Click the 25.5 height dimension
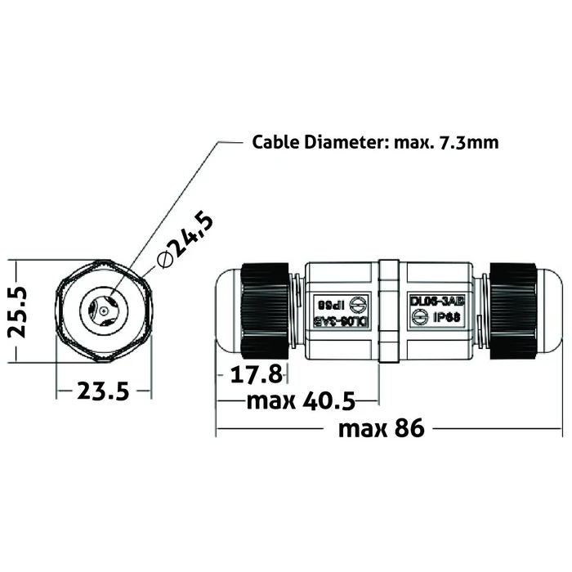point(17,311)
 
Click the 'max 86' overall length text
point(382,427)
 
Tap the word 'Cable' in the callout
point(275,142)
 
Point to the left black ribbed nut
point(261,311)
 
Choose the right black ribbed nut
point(512,311)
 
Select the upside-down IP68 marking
point(328,302)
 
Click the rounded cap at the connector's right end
point(547,311)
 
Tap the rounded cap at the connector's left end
point(226,311)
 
